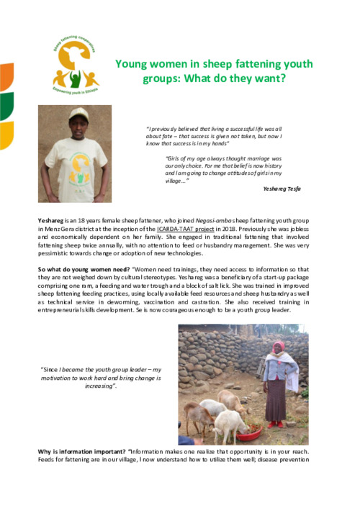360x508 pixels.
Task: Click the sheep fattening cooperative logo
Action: [75, 65]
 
